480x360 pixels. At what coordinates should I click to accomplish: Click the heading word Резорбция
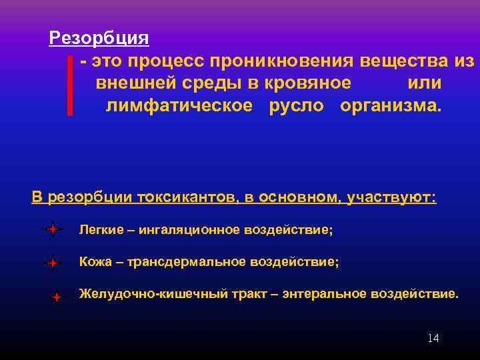click(x=99, y=37)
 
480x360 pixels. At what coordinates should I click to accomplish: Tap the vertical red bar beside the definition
click(x=69, y=86)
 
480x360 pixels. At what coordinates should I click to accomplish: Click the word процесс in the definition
click(x=167, y=61)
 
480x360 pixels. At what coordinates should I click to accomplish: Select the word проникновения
click(x=283, y=61)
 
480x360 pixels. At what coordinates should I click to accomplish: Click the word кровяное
click(x=307, y=83)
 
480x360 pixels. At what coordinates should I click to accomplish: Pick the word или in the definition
click(x=424, y=83)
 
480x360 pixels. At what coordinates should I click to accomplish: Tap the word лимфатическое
click(x=179, y=106)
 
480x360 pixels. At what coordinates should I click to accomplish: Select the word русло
click(x=296, y=106)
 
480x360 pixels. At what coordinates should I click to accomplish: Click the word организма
click(x=390, y=106)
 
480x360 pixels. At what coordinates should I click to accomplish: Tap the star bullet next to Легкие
click(x=52, y=230)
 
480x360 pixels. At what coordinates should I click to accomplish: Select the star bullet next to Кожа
click(x=52, y=263)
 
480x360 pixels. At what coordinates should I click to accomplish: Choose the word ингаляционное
click(x=187, y=229)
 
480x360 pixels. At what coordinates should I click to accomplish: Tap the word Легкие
click(x=101, y=229)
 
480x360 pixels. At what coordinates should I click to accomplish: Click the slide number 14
click(x=433, y=339)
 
